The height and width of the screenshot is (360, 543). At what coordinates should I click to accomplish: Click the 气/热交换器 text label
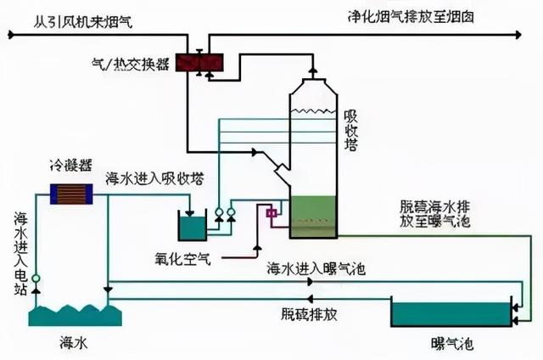coord(130,63)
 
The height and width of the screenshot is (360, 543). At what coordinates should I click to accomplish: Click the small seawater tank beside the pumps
coord(189,226)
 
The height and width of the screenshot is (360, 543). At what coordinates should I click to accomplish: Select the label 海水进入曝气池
coord(315,269)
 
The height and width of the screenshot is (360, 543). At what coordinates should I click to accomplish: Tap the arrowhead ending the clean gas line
coord(516,35)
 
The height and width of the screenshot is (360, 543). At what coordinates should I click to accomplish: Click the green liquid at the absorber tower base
coord(314,217)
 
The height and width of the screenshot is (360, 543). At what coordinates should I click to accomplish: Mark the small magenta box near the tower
coord(272,213)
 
